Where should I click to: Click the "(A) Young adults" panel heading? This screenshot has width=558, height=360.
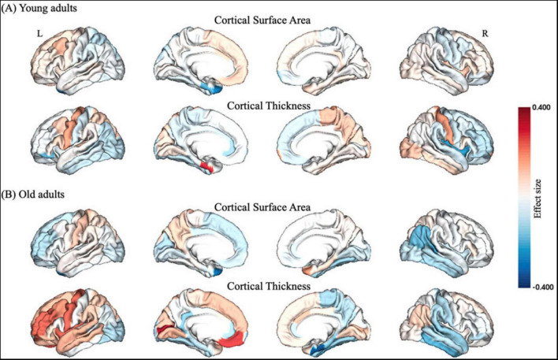(36, 9)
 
